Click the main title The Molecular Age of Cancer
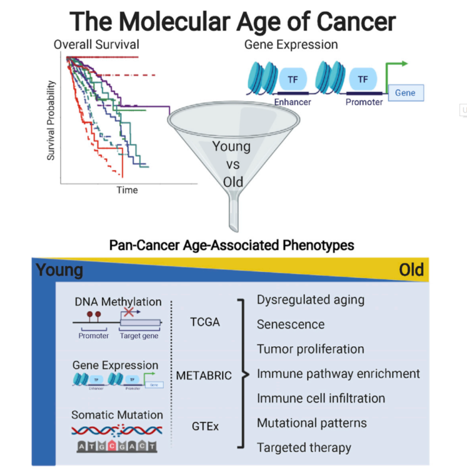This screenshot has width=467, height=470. pyautogui.click(x=233, y=21)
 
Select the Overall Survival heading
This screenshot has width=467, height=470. pyautogui.click(x=96, y=45)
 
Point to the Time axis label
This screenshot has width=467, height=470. pyautogui.click(x=127, y=190)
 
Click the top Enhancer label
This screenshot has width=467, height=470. pyautogui.click(x=293, y=102)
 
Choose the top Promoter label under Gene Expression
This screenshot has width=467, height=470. pyautogui.click(x=364, y=102)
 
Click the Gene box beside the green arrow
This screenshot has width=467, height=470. pyautogui.click(x=405, y=92)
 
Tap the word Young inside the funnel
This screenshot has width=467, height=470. pyautogui.click(x=231, y=147)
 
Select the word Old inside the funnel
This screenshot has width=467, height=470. pyautogui.click(x=233, y=182)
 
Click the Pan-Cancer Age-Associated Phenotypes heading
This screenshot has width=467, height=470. pyautogui.click(x=231, y=245)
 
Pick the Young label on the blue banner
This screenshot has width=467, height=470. pyautogui.click(x=59, y=270)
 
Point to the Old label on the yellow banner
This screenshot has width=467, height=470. pyautogui.click(x=411, y=270)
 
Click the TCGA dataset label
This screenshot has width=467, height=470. pyautogui.click(x=204, y=322)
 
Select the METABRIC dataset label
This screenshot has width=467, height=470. pyautogui.click(x=204, y=376)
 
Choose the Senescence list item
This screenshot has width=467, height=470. pyautogui.click(x=291, y=324)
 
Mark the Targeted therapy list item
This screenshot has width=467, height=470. pyautogui.click(x=304, y=447)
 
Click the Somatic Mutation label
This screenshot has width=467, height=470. pyautogui.click(x=117, y=414)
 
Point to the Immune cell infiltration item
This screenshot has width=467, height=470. pyautogui.click(x=321, y=398)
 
